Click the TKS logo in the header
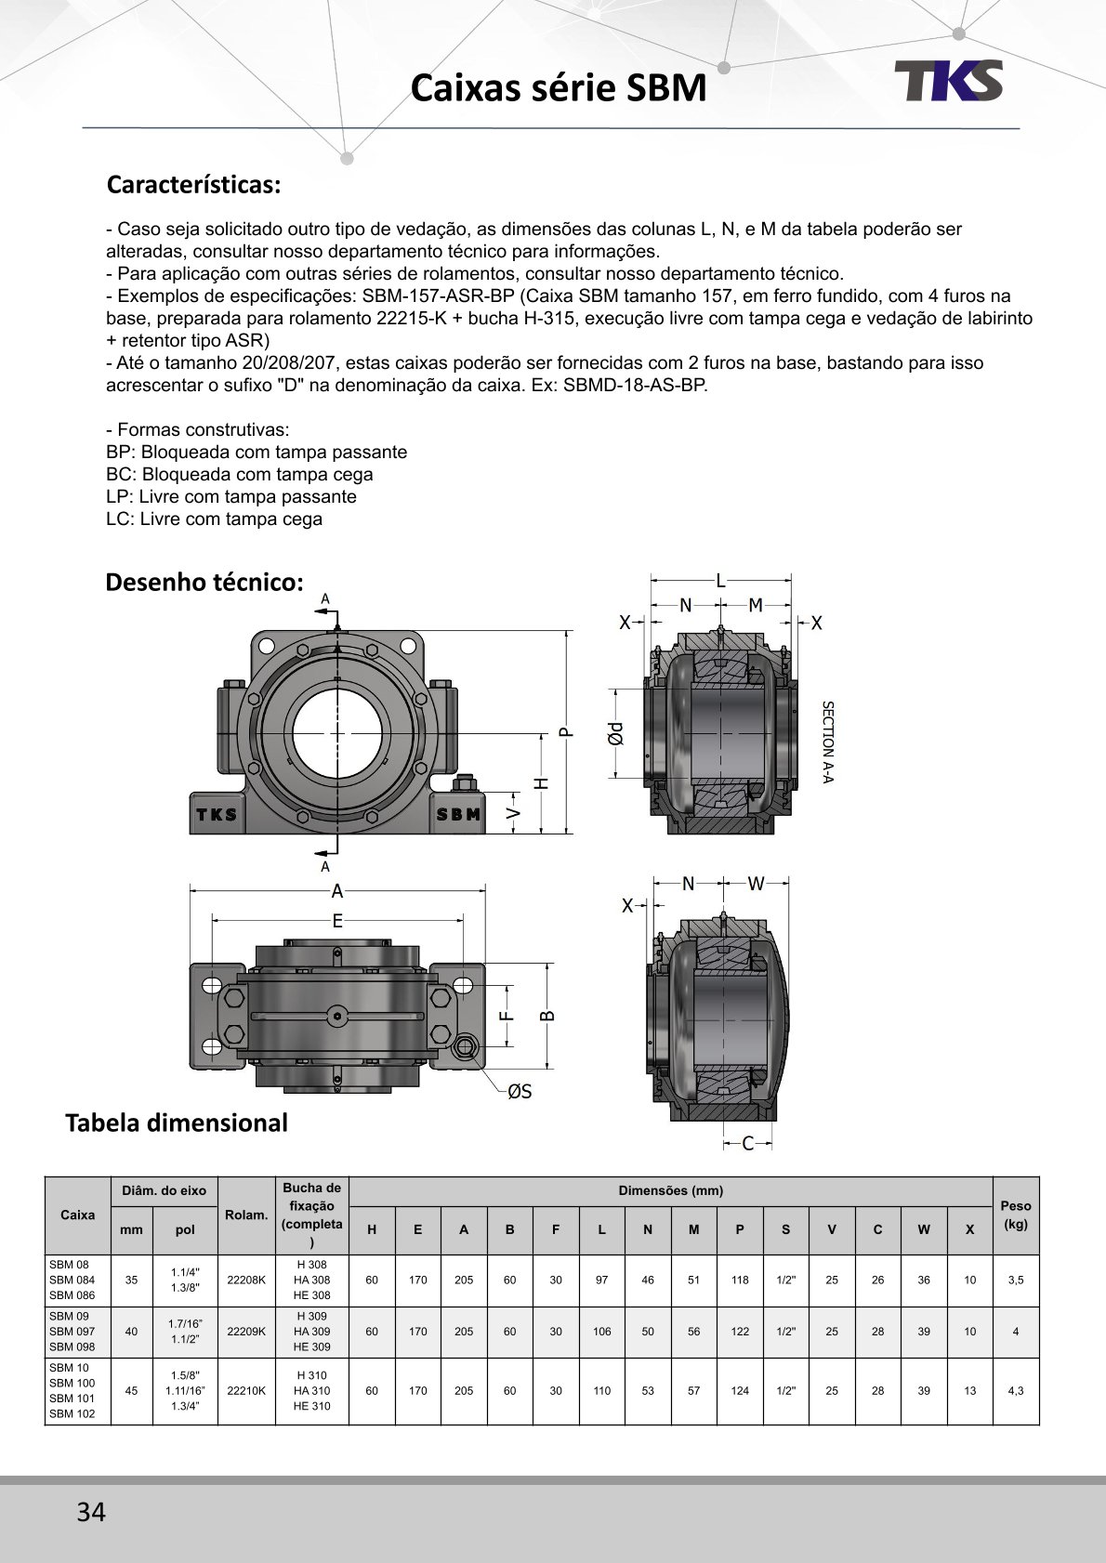[948, 80]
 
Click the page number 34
[91, 1511]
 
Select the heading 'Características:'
[193, 184]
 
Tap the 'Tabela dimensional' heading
[177, 1123]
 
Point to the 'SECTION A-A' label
[827, 742]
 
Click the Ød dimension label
[614, 733]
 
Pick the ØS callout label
[520, 1091]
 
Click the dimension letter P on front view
[566, 732]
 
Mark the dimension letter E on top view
[337, 921]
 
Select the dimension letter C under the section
[747, 1143]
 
